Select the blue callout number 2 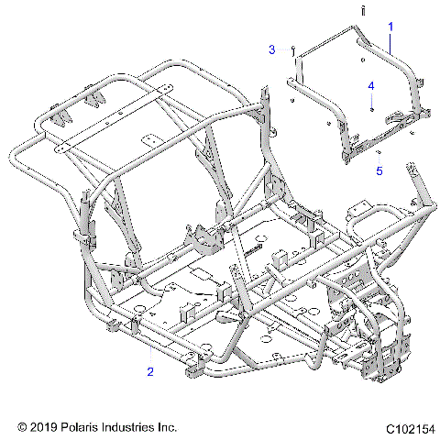(149, 371)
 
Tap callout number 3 (271, 49)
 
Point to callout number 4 (371, 85)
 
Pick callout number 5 (378, 170)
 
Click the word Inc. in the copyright (168, 427)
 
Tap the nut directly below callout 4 (371, 108)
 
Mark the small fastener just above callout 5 (379, 152)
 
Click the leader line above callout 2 (148, 354)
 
